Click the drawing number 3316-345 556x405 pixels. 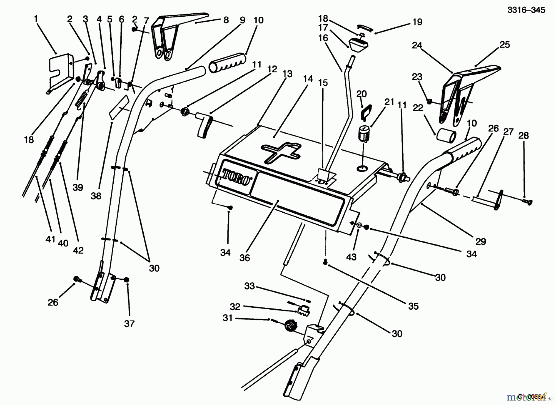[526, 10]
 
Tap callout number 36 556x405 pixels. [244, 258]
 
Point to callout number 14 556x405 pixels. [308, 79]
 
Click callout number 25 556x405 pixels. [504, 44]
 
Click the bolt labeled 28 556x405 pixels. [527, 202]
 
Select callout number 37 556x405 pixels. [129, 324]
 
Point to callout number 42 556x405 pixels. [78, 250]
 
